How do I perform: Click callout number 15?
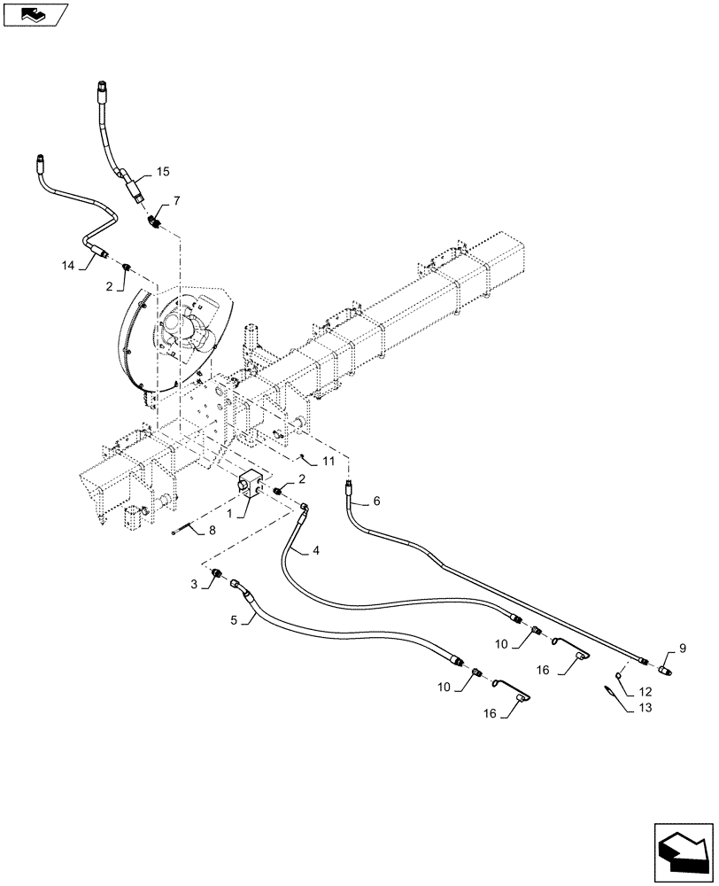pos(163,170)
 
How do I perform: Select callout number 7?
pos(177,202)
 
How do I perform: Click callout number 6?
pos(376,501)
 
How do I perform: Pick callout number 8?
pos(213,532)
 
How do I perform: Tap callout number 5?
pos(236,620)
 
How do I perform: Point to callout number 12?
pos(645,691)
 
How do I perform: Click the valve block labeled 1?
pos(250,486)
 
